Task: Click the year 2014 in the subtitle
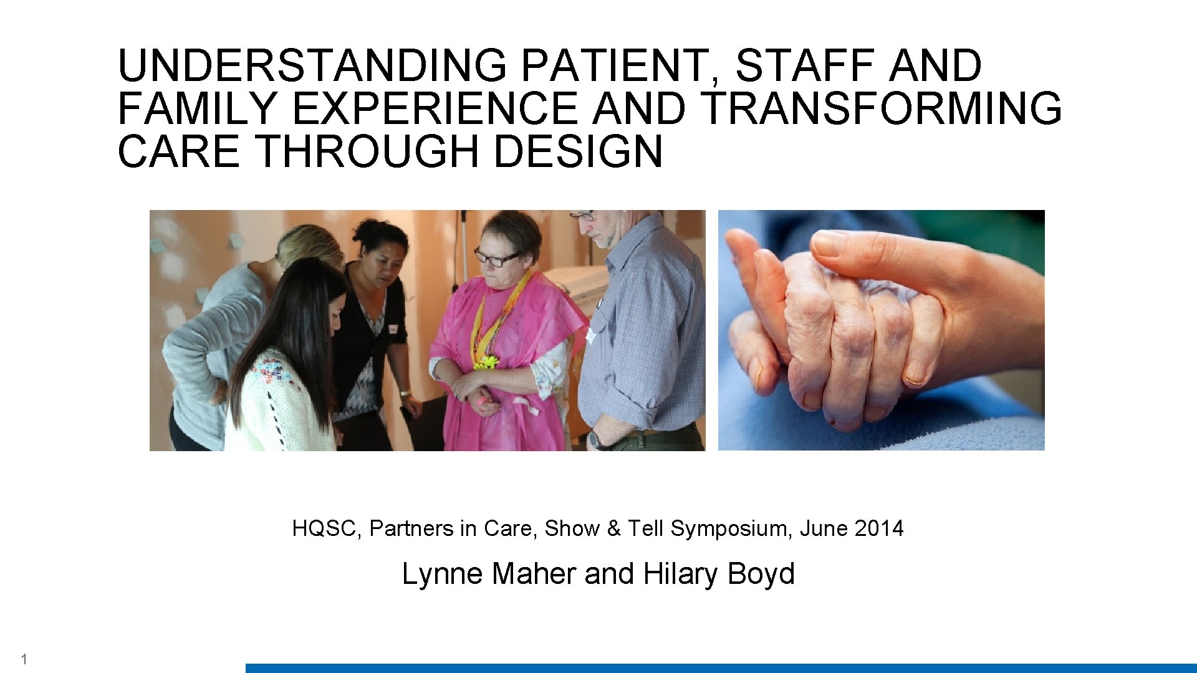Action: pos(879,528)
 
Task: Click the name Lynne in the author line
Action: pos(443,573)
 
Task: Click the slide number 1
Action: pos(24,659)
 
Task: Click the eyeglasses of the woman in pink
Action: pos(497,257)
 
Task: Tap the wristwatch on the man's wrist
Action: pos(595,439)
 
